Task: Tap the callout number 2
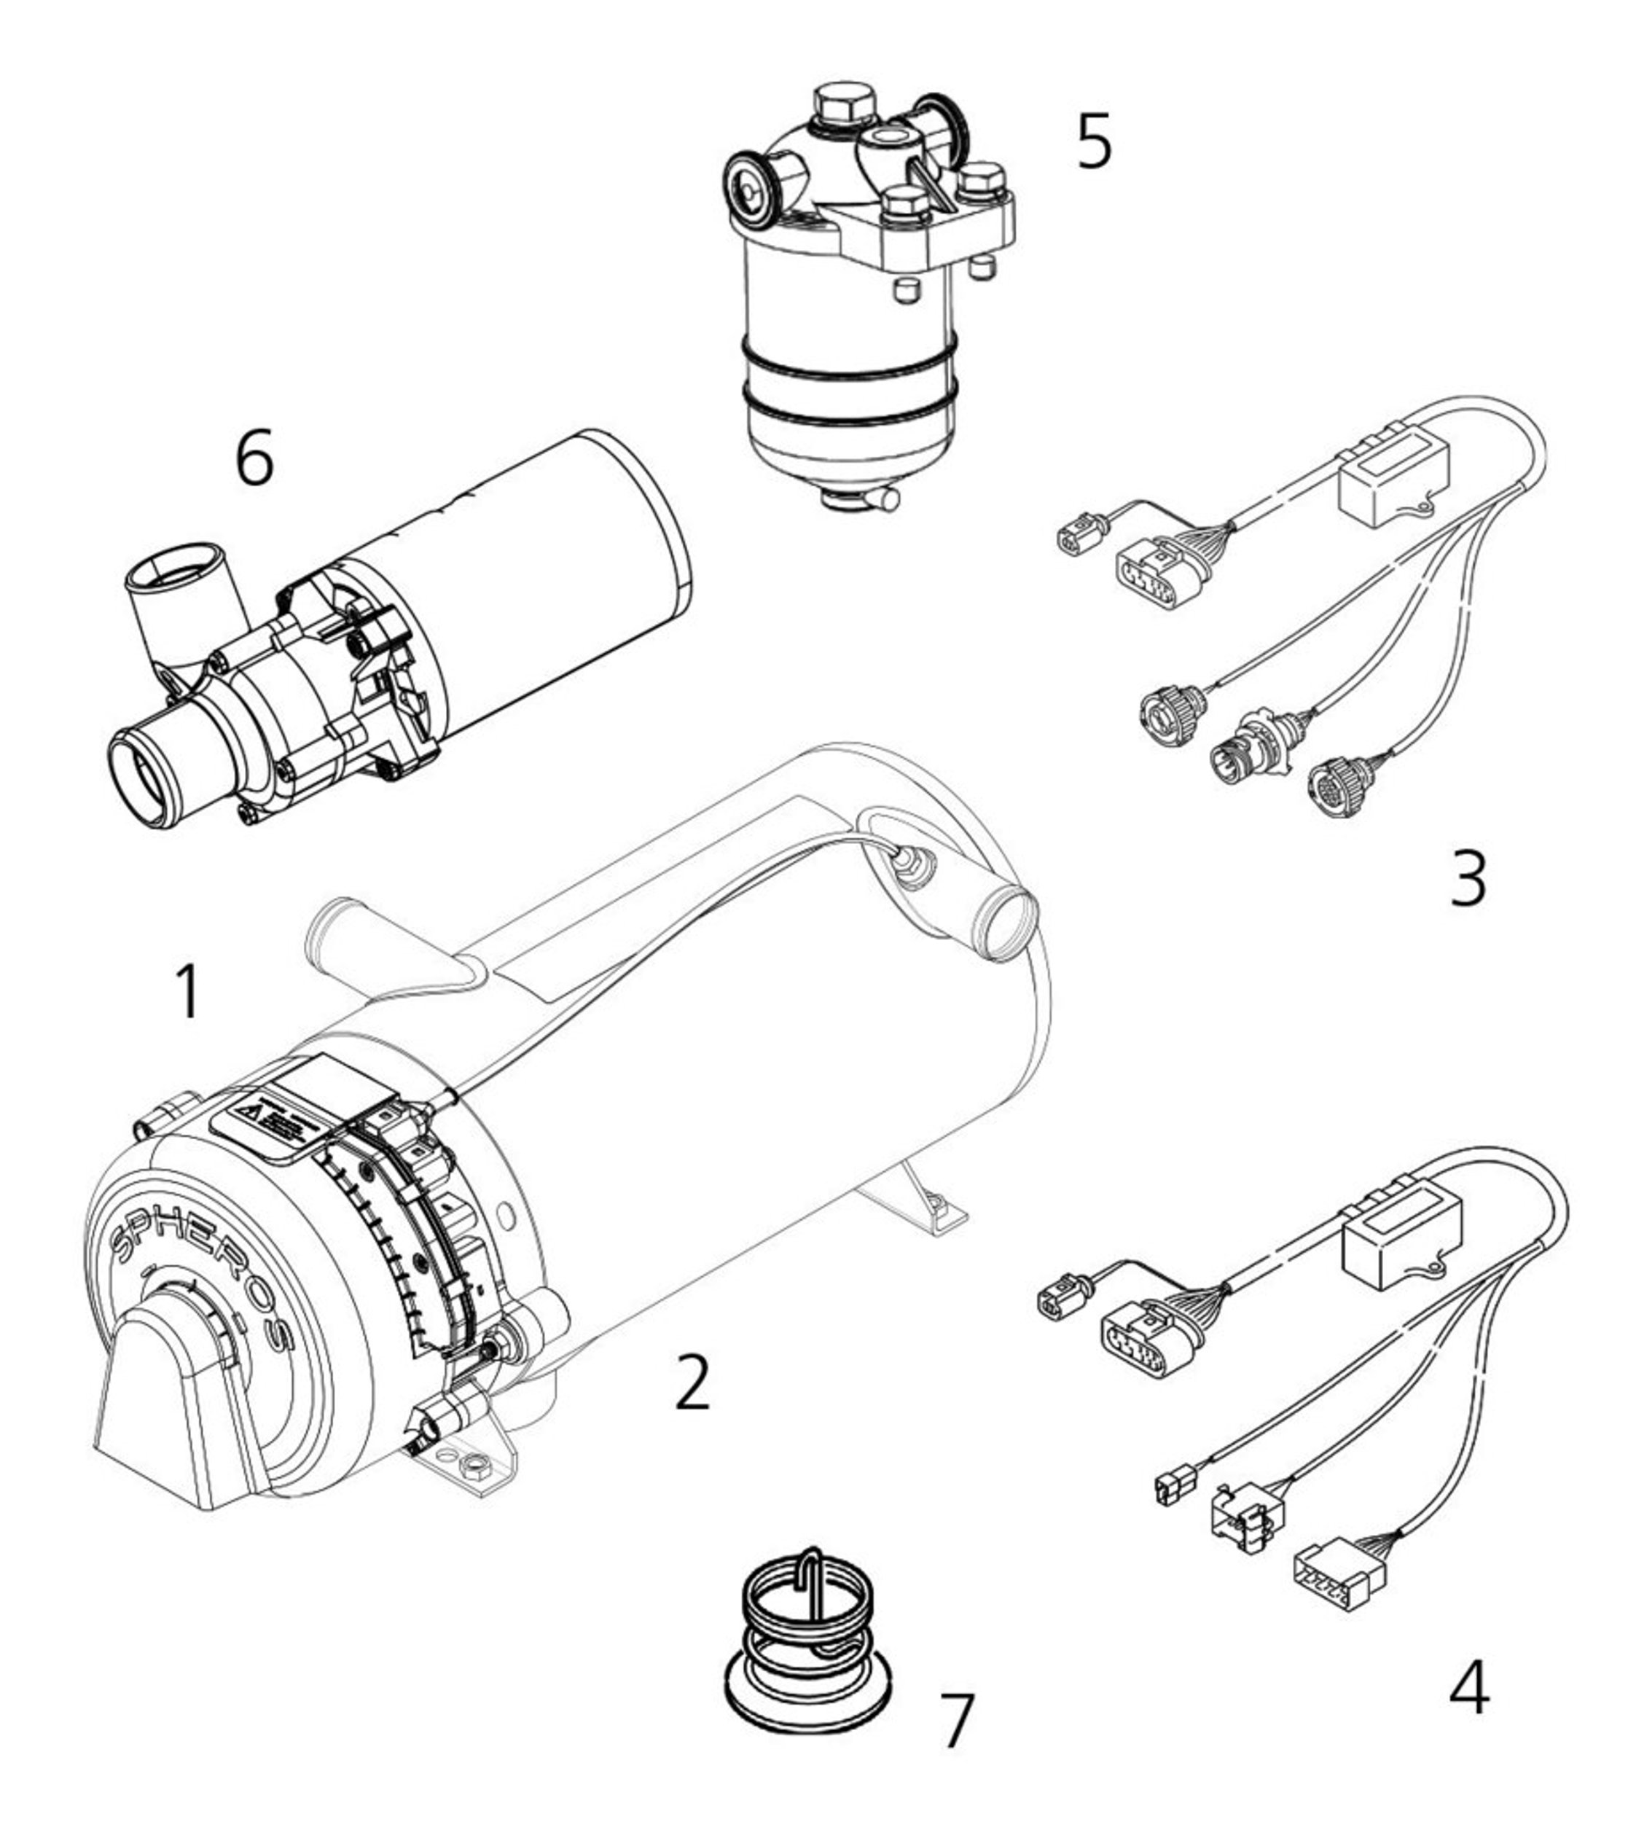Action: tap(692, 1382)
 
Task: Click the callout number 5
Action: tap(1093, 141)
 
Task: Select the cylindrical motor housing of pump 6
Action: tap(536, 572)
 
